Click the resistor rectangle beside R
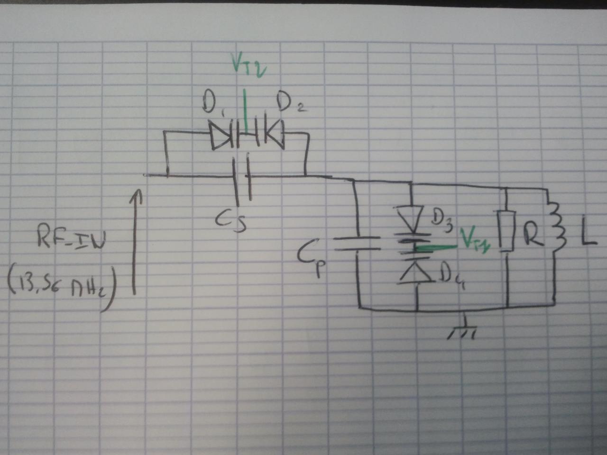(x=507, y=232)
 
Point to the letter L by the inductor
(x=586, y=235)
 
